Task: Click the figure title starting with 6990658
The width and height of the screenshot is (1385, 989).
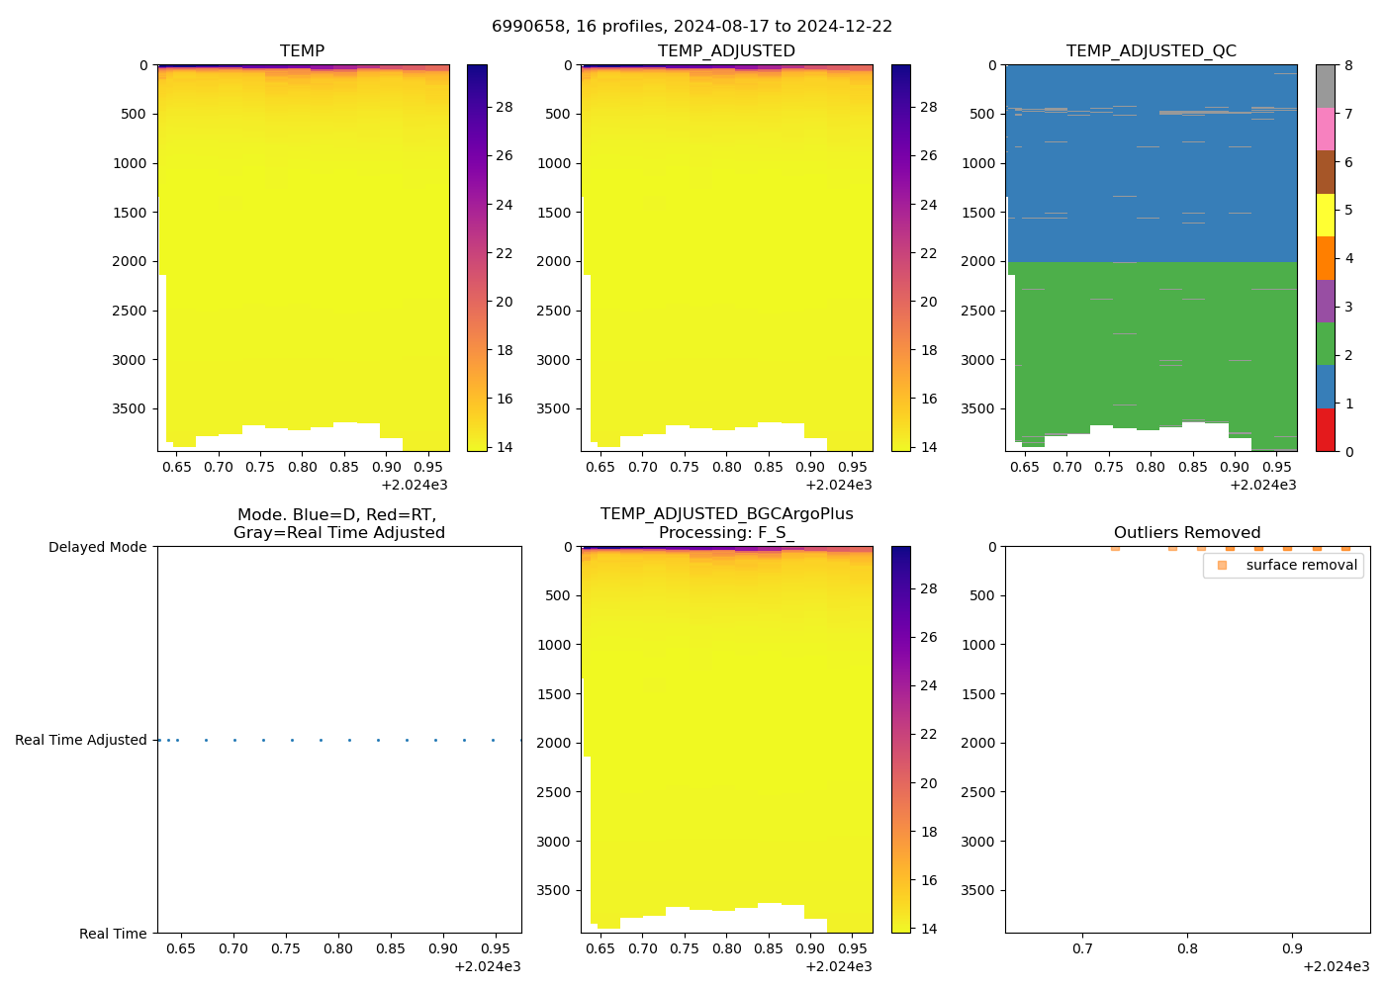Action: (692, 27)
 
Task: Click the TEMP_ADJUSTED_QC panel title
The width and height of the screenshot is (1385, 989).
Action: (1151, 51)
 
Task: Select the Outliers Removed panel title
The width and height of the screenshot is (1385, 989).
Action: (1186, 533)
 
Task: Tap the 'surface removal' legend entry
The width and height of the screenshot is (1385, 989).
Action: (1301, 565)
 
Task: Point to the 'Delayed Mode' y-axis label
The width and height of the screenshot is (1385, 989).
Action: (98, 547)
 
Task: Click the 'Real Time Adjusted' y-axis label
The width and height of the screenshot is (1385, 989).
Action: (81, 740)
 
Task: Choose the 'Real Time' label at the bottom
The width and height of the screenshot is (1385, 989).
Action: (113, 934)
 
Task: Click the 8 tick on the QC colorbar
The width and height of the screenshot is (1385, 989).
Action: (1348, 65)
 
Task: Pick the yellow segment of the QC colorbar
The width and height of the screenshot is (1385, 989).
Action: (1325, 215)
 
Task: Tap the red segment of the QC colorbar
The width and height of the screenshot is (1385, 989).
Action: (1325, 430)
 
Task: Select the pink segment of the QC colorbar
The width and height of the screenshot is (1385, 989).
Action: (1325, 129)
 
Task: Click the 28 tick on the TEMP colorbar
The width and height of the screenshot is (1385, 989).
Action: (505, 107)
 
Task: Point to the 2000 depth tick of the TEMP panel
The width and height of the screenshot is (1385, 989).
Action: (130, 261)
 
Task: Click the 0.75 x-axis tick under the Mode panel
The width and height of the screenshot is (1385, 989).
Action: (285, 948)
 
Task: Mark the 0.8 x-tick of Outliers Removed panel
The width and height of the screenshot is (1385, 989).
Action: (1187, 948)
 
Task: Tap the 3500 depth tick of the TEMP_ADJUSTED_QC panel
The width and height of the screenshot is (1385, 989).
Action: (978, 408)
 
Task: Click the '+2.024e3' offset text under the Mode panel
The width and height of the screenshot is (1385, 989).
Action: (487, 966)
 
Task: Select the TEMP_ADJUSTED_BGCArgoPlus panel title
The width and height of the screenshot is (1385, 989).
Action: (726, 523)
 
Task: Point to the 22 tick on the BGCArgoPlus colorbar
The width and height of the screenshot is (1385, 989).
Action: (929, 734)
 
